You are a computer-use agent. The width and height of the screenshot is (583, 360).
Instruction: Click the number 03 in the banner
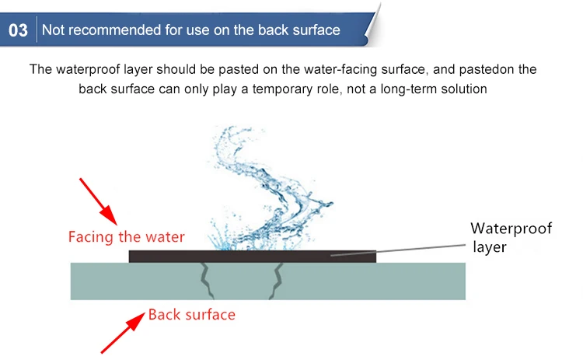click(x=18, y=30)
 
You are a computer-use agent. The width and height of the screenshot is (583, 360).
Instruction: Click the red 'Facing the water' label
click(x=127, y=237)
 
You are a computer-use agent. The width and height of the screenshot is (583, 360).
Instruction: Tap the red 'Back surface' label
click(x=192, y=315)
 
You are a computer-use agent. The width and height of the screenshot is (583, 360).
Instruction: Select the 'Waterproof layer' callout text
click(x=511, y=237)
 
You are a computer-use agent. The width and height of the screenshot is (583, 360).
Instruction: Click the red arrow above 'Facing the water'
click(x=99, y=201)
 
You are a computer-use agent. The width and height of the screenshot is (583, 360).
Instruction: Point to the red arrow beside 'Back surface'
click(x=123, y=333)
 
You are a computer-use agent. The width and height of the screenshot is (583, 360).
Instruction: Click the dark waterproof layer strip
click(x=253, y=257)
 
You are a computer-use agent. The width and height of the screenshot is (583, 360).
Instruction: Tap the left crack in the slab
click(x=206, y=281)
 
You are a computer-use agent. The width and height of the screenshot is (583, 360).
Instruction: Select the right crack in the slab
click(x=275, y=281)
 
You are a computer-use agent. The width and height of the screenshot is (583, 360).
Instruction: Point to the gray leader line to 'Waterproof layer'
click(x=398, y=250)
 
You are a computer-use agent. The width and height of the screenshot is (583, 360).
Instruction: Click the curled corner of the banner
click(x=372, y=26)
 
